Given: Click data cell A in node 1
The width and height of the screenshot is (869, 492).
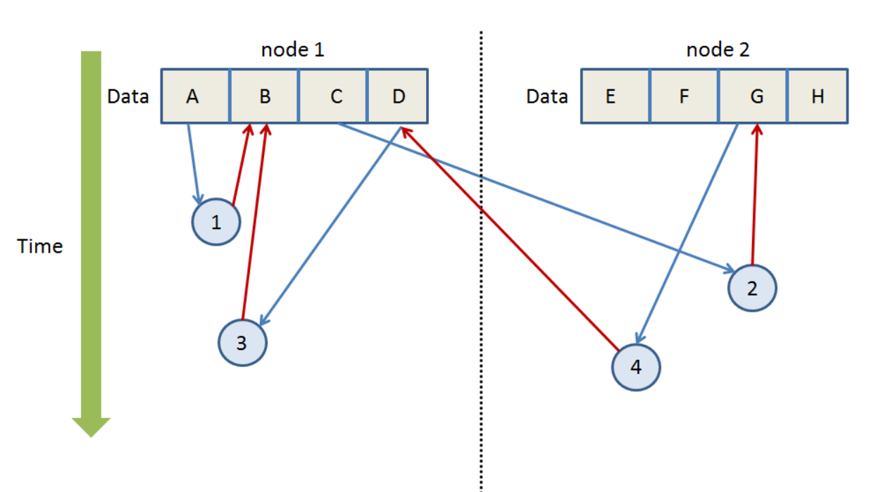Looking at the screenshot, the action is coord(196,96).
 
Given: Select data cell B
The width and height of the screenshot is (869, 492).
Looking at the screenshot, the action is coord(264,96).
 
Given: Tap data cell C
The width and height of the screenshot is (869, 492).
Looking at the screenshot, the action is coord(333,96).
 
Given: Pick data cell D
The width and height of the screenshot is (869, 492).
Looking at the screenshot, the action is coord(398,96).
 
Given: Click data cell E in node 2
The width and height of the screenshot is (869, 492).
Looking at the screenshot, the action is coord(615,96).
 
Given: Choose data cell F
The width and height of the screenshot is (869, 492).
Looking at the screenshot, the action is coord(684,96).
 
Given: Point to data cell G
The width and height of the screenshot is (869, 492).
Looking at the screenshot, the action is coord(753,96).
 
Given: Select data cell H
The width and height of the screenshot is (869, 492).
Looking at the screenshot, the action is coord(818,96).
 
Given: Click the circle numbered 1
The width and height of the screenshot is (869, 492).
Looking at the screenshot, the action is coord(216,222).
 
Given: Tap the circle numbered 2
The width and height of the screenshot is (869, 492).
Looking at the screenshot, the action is coord(752,288).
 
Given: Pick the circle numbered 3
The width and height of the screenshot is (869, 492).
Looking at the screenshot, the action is coord(242,343).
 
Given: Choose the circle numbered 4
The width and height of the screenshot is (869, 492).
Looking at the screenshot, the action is coord(636,367).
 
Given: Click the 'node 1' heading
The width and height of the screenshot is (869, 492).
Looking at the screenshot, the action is coord(292,50).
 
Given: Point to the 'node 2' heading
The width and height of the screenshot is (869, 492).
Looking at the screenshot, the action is coord(718,50).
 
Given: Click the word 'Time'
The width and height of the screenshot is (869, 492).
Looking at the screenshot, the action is coord(39,246).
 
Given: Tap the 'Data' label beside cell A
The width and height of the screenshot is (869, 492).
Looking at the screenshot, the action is coord(128,96).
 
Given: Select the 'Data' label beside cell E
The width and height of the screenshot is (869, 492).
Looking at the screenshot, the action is coord(547,96).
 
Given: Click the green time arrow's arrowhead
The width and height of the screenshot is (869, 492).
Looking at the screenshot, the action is coord(91,427).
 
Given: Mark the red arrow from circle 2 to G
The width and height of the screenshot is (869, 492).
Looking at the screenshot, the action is coord(755,194).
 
